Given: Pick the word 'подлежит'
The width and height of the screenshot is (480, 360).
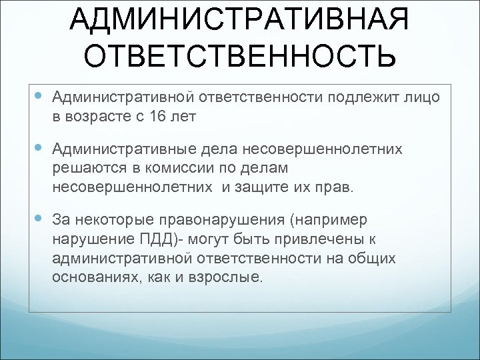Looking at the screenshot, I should point(366,99).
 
